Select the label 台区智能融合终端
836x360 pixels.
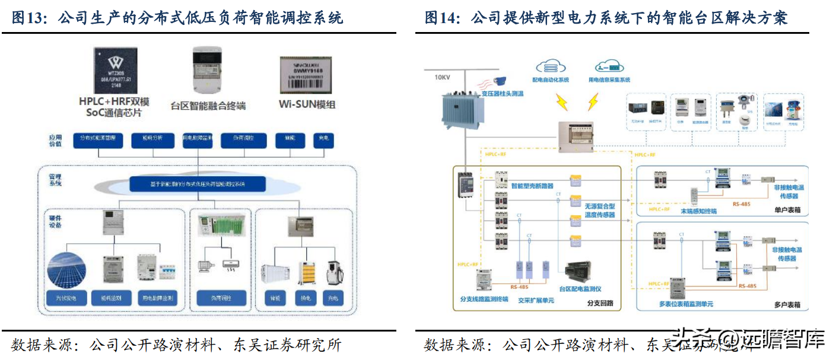(208, 106)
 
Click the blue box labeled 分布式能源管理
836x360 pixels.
(98, 140)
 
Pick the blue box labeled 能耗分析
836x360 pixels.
(153, 140)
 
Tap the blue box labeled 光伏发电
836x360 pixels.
(66, 298)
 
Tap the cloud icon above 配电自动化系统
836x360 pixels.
(551, 66)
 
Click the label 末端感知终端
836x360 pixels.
(698, 211)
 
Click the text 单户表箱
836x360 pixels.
(787, 210)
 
